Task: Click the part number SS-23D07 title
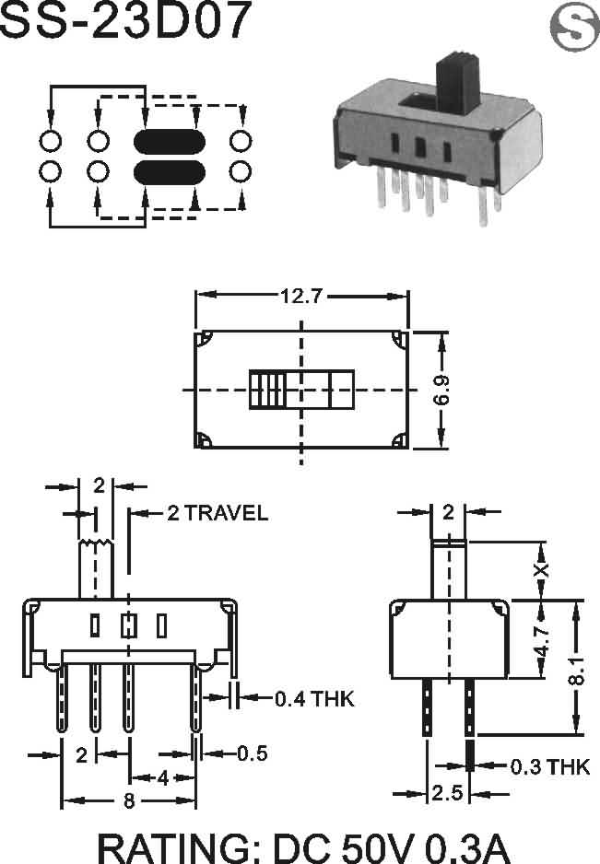coord(125,20)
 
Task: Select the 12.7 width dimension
coord(301,297)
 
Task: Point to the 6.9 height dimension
coord(441,391)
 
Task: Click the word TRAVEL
coord(226,513)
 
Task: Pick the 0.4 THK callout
coord(314,699)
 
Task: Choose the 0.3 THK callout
coord(550,766)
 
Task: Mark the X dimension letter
coord(542,569)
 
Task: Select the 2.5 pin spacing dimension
coord(448,793)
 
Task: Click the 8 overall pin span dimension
coord(129,800)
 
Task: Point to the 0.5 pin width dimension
coord(253,753)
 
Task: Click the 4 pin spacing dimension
coord(163,778)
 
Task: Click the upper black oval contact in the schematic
coord(170,142)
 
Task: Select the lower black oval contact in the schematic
coord(170,172)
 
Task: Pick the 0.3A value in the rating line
coord(469,848)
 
